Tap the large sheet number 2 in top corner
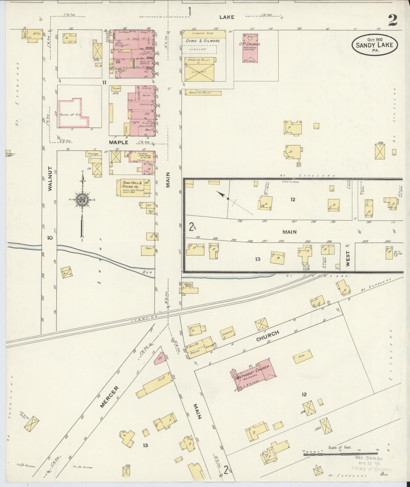click(393, 21)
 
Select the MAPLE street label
click(118, 143)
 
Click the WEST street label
click(348, 259)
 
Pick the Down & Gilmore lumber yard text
click(202, 41)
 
